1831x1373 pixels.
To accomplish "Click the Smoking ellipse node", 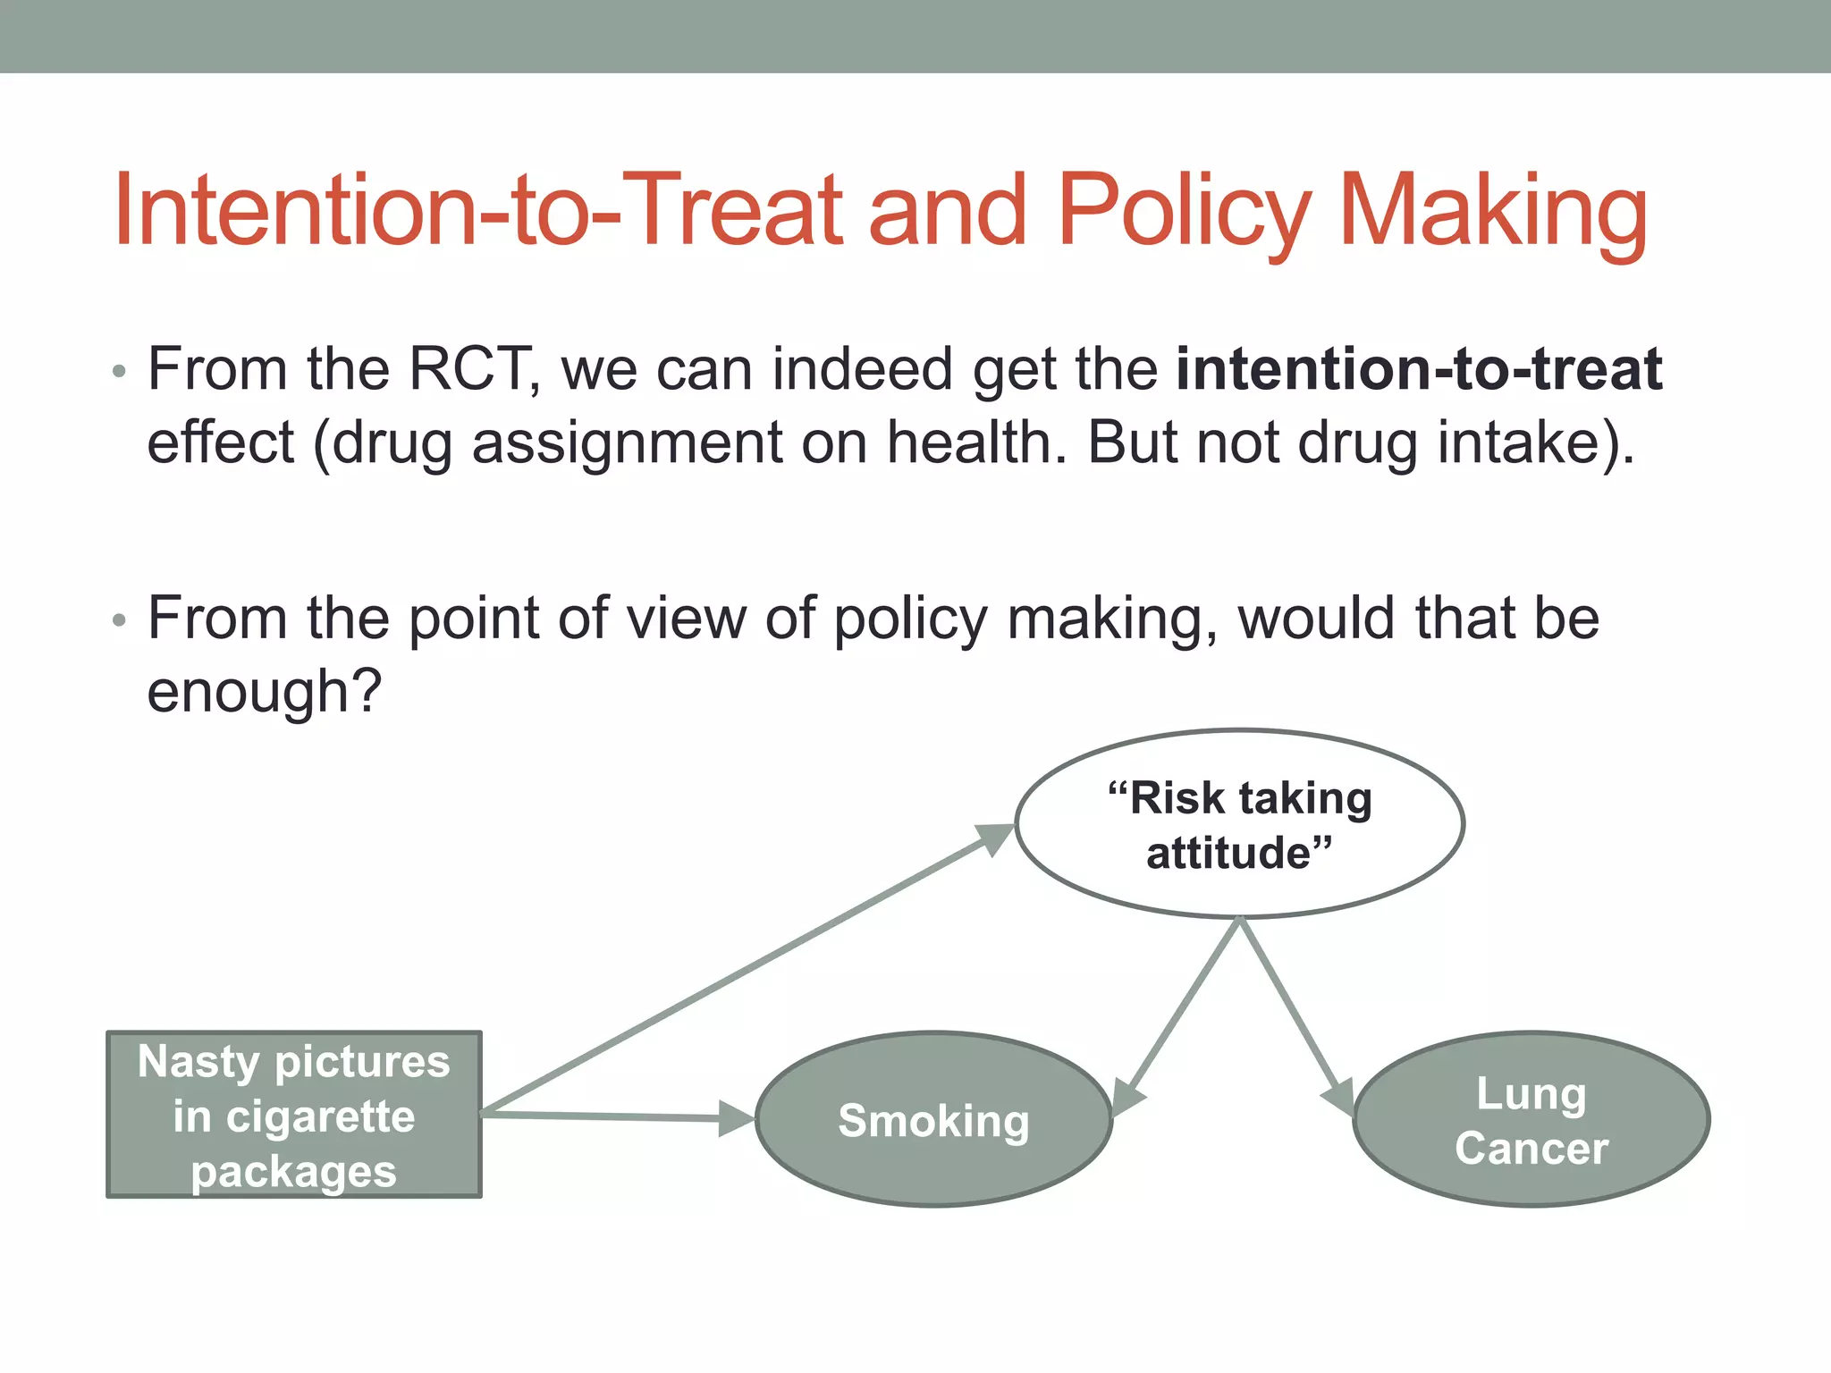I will tap(933, 1119).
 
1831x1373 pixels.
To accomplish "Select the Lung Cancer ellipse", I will tap(1531, 1119).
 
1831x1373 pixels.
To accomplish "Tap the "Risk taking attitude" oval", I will tap(1239, 824).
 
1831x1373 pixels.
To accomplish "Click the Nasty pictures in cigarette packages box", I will tap(294, 1115).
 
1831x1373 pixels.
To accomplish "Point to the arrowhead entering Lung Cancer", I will tap(1339, 1096).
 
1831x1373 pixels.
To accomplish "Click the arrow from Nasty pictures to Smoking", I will tap(608, 1116).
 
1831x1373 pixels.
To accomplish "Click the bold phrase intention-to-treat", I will tap(1418, 368).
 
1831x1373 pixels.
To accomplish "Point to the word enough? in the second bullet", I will tap(265, 692).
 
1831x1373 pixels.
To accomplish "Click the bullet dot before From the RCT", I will tap(120, 371).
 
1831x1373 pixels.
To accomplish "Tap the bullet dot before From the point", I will tap(120, 619).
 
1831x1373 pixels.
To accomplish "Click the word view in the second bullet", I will tap(686, 618).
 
